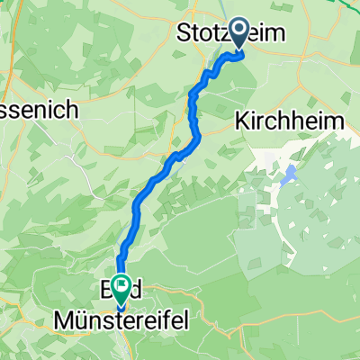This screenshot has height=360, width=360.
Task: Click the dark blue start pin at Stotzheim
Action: click(x=240, y=32)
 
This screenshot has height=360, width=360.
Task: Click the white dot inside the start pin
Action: click(x=240, y=29)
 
